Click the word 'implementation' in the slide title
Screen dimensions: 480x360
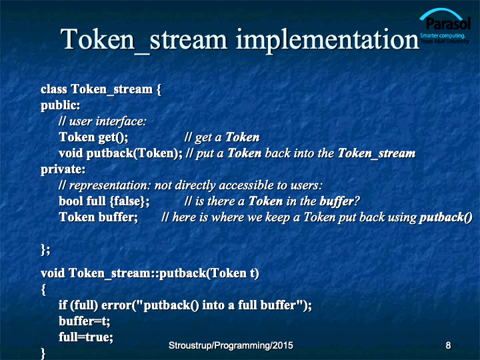point(327,40)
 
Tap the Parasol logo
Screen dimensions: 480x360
point(445,26)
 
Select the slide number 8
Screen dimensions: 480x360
point(448,345)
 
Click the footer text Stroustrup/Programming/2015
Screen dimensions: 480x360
point(231,345)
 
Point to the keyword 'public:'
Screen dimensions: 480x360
point(60,105)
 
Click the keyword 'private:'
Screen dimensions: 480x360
point(63,169)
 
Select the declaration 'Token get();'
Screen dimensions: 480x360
point(93,137)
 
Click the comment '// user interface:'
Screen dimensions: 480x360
point(103,121)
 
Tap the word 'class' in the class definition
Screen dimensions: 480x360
point(54,89)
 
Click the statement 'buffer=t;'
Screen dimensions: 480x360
point(85,321)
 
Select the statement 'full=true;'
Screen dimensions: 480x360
point(86,337)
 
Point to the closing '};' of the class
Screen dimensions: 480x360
point(45,250)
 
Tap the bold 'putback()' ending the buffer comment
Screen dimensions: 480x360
point(446,217)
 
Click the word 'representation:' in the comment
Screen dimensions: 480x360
point(110,185)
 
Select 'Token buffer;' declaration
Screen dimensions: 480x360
point(98,217)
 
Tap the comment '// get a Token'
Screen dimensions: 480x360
point(222,137)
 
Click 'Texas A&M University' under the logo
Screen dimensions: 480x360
point(445,41)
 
